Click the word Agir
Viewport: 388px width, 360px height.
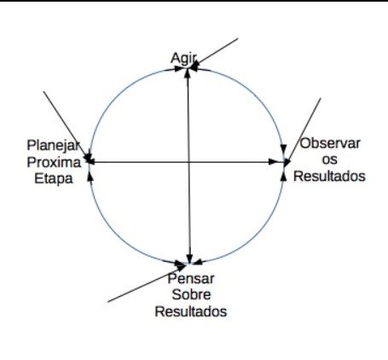tap(183, 59)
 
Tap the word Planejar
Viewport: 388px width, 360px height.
tap(54, 145)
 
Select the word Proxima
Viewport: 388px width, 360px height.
tap(54, 162)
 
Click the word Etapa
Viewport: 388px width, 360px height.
tap(54, 179)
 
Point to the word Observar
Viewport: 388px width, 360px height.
tap(330, 143)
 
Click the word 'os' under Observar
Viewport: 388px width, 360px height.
tap(330, 160)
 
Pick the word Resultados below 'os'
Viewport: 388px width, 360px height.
tap(329, 176)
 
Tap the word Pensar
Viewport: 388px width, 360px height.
tap(191, 279)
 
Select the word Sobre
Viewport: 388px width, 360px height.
tap(191, 294)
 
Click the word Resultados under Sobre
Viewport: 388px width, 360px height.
tap(191, 311)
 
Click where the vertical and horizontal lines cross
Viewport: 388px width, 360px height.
tap(188, 162)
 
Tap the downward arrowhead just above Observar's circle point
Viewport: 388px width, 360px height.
tap(283, 149)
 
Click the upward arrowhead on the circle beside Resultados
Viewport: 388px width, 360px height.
tap(283, 177)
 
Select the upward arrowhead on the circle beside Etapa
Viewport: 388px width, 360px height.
tap(90, 177)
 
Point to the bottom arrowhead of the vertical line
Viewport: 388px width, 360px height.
tap(189, 258)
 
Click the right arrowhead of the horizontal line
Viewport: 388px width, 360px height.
tap(274, 162)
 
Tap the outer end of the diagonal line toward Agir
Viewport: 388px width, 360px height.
tap(238, 38)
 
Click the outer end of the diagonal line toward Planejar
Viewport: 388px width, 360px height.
tap(43, 91)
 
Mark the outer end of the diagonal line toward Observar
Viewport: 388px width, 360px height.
tap(321, 98)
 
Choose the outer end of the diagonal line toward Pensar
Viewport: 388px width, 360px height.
tap(108, 302)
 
